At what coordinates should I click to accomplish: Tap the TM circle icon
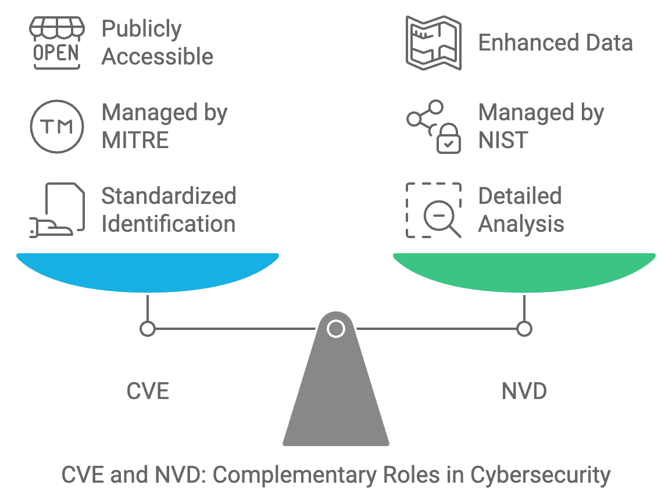[56, 126]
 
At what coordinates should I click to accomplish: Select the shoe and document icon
[56, 210]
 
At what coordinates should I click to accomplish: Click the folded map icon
[433, 43]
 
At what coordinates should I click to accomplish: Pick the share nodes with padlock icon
[433, 127]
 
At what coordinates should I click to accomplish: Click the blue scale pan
[148, 272]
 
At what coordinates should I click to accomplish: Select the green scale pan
[524, 272]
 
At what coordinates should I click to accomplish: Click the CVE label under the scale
[148, 391]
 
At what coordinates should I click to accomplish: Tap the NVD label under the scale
[524, 391]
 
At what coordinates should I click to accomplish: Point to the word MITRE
[135, 141]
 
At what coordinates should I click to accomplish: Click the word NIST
[503, 141]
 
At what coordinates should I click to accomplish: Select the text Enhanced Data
[555, 43]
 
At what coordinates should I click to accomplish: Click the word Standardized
[169, 196]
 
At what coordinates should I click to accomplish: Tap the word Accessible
[158, 57]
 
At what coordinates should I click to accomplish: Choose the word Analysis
[521, 224]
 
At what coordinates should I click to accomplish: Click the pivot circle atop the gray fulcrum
[336, 329]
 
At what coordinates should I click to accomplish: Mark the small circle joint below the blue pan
[148, 329]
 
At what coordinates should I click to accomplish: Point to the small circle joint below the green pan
[524, 329]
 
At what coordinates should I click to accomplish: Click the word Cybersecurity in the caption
[540, 475]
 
